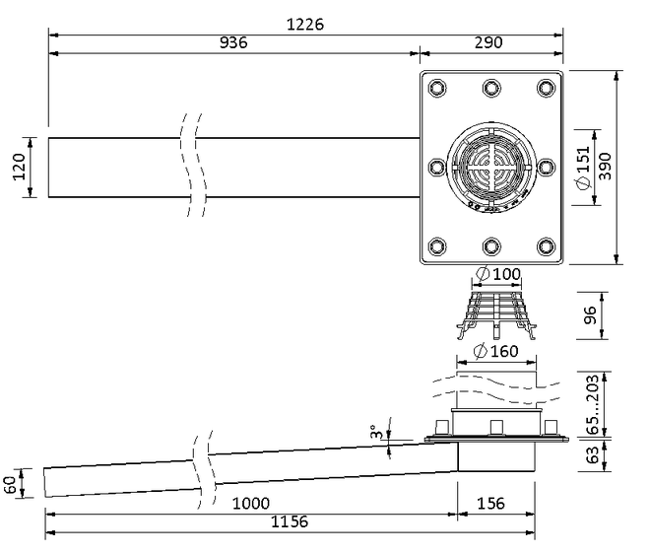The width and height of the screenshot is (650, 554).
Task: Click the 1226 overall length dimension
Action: point(305,25)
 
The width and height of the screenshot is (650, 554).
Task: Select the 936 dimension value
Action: point(233,42)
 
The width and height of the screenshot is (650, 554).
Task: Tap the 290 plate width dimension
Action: point(488,42)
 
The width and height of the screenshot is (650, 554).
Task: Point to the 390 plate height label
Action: point(606,167)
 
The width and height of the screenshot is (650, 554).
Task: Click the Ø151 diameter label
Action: point(583,168)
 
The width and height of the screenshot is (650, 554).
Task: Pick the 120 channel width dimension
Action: point(19,167)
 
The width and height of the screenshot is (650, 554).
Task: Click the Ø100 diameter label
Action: point(498,274)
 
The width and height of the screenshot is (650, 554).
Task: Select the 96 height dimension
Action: point(589,315)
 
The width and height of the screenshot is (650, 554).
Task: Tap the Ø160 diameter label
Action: point(495,352)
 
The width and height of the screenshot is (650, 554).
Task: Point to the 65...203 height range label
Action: point(594,404)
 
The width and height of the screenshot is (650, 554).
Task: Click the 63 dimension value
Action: point(594,454)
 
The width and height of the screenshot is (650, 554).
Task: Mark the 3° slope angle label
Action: point(375,432)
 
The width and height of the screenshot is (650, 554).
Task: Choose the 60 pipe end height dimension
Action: point(11,484)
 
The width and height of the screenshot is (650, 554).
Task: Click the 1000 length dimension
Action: point(251,504)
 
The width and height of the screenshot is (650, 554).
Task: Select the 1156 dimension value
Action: point(290,521)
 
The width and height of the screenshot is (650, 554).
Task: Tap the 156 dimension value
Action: point(490,504)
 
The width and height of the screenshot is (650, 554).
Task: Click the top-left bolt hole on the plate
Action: point(437,88)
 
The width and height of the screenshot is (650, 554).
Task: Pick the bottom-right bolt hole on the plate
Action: point(546,246)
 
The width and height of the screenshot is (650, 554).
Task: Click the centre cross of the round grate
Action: point(491,167)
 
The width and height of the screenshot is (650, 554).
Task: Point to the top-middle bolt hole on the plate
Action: point(491,88)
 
